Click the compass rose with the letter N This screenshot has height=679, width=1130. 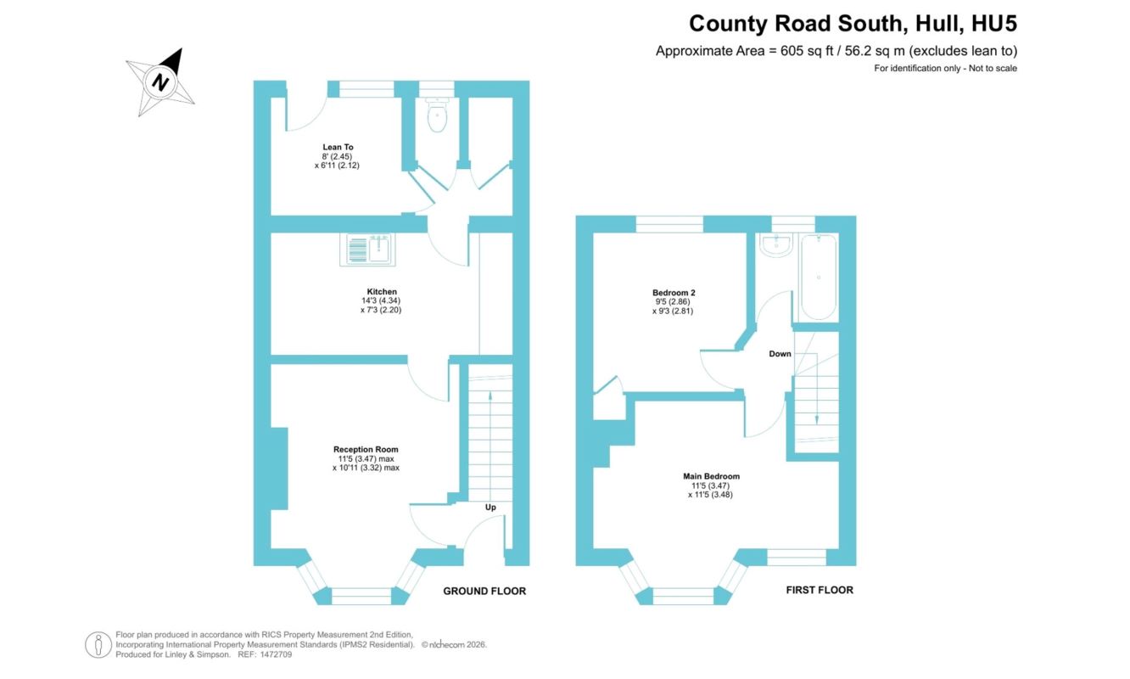(x=160, y=81)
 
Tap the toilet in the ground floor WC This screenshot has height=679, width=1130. (x=437, y=115)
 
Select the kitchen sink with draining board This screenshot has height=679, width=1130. (x=367, y=250)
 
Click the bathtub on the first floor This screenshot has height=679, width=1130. (x=819, y=278)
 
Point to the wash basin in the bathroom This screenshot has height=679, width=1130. (x=776, y=244)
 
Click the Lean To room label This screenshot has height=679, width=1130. (x=338, y=147)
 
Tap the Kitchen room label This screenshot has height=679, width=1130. (x=382, y=291)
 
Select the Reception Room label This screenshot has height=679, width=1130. (x=366, y=449)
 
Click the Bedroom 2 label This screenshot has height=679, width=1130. (x=674, y=292)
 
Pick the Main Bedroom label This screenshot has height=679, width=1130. (x=711, y=476)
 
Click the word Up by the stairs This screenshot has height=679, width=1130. (x=490, y=508)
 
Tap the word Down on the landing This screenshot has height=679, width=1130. (x=780, y=354)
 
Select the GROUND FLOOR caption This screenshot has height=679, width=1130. (x=484, y=592)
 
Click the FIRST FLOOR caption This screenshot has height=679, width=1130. (x=820, y=590)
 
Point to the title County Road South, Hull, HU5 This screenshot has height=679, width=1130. (x=853, y=24)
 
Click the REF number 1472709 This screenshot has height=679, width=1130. (x=276, y=654)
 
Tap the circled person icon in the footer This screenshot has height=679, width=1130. (x=98, y=645)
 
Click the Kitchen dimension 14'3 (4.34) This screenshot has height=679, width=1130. (x=381, y=300)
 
